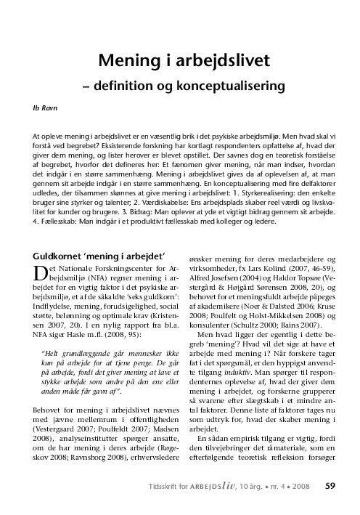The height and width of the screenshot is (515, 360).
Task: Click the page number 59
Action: click(x=330, y=485)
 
